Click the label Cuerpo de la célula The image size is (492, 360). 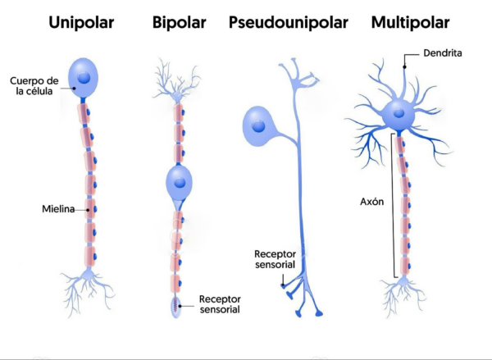(36, 85)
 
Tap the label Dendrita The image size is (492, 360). (444, 53)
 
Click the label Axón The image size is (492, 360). (373, 200)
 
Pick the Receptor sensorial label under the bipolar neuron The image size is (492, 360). (219, 303)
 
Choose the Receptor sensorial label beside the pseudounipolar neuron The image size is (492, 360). (276, 259)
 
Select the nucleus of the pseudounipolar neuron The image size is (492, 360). (259, 126)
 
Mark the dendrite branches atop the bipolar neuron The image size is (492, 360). (177, 78)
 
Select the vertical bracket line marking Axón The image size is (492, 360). (393, 205)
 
